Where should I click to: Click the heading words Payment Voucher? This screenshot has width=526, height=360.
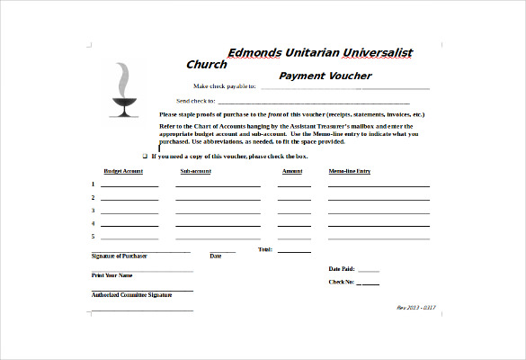[325, 76]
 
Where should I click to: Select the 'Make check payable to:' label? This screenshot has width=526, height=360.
[225, 86]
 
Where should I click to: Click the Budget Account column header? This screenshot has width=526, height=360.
[123, 170]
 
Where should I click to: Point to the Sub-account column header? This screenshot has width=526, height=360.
[195, 170]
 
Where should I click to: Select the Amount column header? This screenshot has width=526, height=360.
[292, 170]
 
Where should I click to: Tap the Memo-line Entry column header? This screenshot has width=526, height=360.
[350, 170]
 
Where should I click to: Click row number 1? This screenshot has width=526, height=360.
[93, 184]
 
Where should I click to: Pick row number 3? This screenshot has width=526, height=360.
[93, 211]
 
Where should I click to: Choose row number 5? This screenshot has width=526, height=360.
[93, 236]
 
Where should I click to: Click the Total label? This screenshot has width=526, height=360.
[265, 249]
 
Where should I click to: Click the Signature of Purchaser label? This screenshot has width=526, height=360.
[119, 256]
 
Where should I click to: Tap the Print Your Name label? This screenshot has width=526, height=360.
[111, 275]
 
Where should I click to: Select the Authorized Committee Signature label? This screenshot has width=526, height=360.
[131, 294]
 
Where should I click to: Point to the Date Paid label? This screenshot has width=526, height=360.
[342, 269]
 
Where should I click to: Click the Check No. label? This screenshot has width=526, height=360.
[341, 283]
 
